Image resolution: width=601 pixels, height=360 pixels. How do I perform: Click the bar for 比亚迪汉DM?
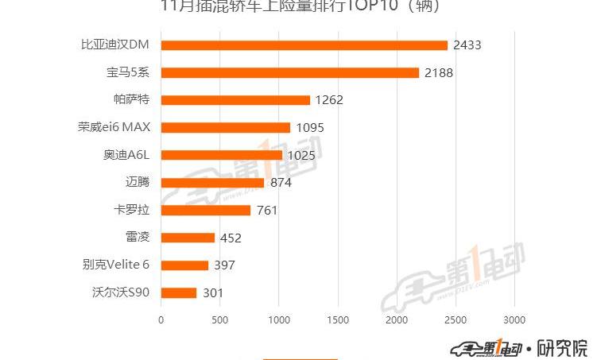pos(304,45)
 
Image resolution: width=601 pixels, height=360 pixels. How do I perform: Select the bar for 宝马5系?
pos(290,72)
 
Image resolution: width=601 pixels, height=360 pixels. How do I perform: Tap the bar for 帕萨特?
pos(235,100)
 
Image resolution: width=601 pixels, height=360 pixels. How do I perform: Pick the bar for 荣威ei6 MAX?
pos(226,127)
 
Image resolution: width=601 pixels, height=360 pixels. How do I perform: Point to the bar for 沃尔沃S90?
pos(179,292)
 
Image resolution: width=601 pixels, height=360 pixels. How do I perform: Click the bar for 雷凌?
pos(188,238)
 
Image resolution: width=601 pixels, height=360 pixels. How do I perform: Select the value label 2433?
pos(467,45)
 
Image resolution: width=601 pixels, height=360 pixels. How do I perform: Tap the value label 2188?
pos(439,73)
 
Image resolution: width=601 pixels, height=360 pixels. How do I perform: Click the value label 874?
pos(281,183)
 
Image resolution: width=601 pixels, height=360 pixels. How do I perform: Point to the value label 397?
pos(224,265)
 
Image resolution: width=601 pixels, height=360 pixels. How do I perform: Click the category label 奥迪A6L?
pos(127,155)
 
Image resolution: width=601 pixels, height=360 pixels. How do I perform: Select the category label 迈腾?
pos(138,183)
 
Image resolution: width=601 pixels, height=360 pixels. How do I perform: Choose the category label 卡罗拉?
pos(133,210)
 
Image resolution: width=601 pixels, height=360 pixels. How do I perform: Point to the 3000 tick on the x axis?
pos(514,319)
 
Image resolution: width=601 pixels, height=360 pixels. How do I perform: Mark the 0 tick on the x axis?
pos(161,319)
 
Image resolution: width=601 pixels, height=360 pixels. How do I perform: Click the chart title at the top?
pos(300,7)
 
